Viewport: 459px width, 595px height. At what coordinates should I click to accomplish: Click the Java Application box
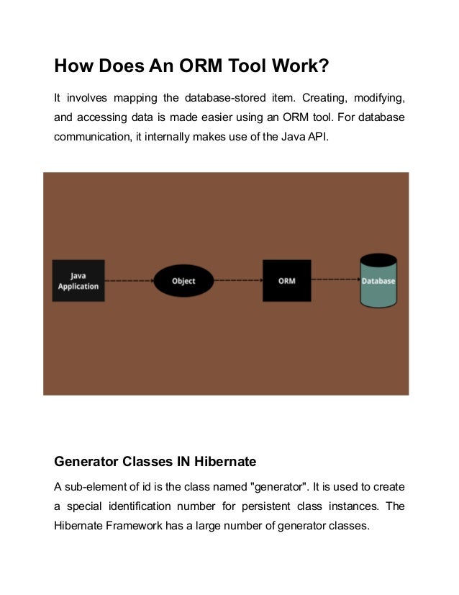[78, 280]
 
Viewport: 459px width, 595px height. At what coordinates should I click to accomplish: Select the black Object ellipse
[183, 281]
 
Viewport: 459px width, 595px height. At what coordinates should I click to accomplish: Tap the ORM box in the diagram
[286, 280]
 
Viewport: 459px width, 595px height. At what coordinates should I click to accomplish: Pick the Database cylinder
[378, 282]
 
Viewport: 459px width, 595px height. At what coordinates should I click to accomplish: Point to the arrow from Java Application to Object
[129, 281]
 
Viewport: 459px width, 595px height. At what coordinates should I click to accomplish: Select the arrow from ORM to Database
[335, 281]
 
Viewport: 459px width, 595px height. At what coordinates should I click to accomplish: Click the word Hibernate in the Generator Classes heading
[221, 461]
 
